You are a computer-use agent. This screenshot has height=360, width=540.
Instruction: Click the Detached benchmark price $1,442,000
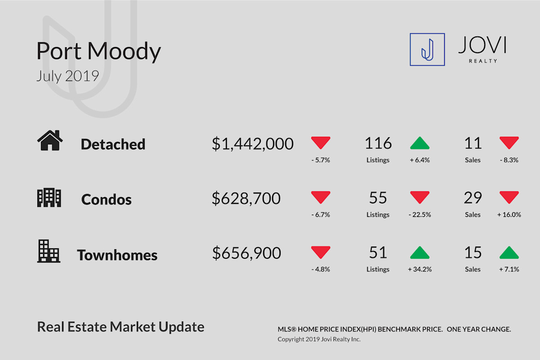click(x=252, y=144)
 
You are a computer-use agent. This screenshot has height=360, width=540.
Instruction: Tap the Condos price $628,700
click(x=246, y=198)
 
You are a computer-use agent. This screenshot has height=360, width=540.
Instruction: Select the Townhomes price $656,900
click(x=247, y=253)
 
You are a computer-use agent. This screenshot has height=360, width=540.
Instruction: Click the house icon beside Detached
click(x=50, y=140)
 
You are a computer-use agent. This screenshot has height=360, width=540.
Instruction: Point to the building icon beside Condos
click(x=49, y=198)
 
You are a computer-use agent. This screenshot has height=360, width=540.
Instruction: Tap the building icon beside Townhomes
click(x=49, y=251)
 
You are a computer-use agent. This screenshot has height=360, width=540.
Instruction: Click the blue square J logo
click(x=427, y=49)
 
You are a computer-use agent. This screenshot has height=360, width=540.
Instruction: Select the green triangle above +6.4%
click(x=420, y=143)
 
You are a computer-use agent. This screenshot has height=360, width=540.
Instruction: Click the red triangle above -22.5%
click(x=420, y=197)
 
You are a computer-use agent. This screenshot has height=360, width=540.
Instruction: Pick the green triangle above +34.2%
click(x=420, y=252)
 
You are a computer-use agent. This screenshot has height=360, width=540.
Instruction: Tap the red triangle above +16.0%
click(x=509, y=197)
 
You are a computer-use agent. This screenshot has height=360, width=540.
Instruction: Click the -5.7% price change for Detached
click(x=320, y=160)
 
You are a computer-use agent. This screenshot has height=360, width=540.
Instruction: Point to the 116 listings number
click(x=378, y=143)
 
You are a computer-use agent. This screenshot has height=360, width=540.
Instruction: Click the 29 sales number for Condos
click(x=473, y=198)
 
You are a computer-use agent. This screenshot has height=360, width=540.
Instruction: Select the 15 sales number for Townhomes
click(x=473, y=252)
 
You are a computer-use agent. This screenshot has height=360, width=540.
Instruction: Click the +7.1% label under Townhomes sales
click(x=509, y=270)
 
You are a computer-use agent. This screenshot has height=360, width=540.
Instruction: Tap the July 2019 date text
click(x=67, y=76)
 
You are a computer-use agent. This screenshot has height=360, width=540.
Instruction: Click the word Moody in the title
click(x=124, y=52)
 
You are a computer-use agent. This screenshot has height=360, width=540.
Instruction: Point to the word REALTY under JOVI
click(x=483, y=61)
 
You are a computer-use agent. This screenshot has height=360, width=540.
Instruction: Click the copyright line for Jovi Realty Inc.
click(x=319, y=339)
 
